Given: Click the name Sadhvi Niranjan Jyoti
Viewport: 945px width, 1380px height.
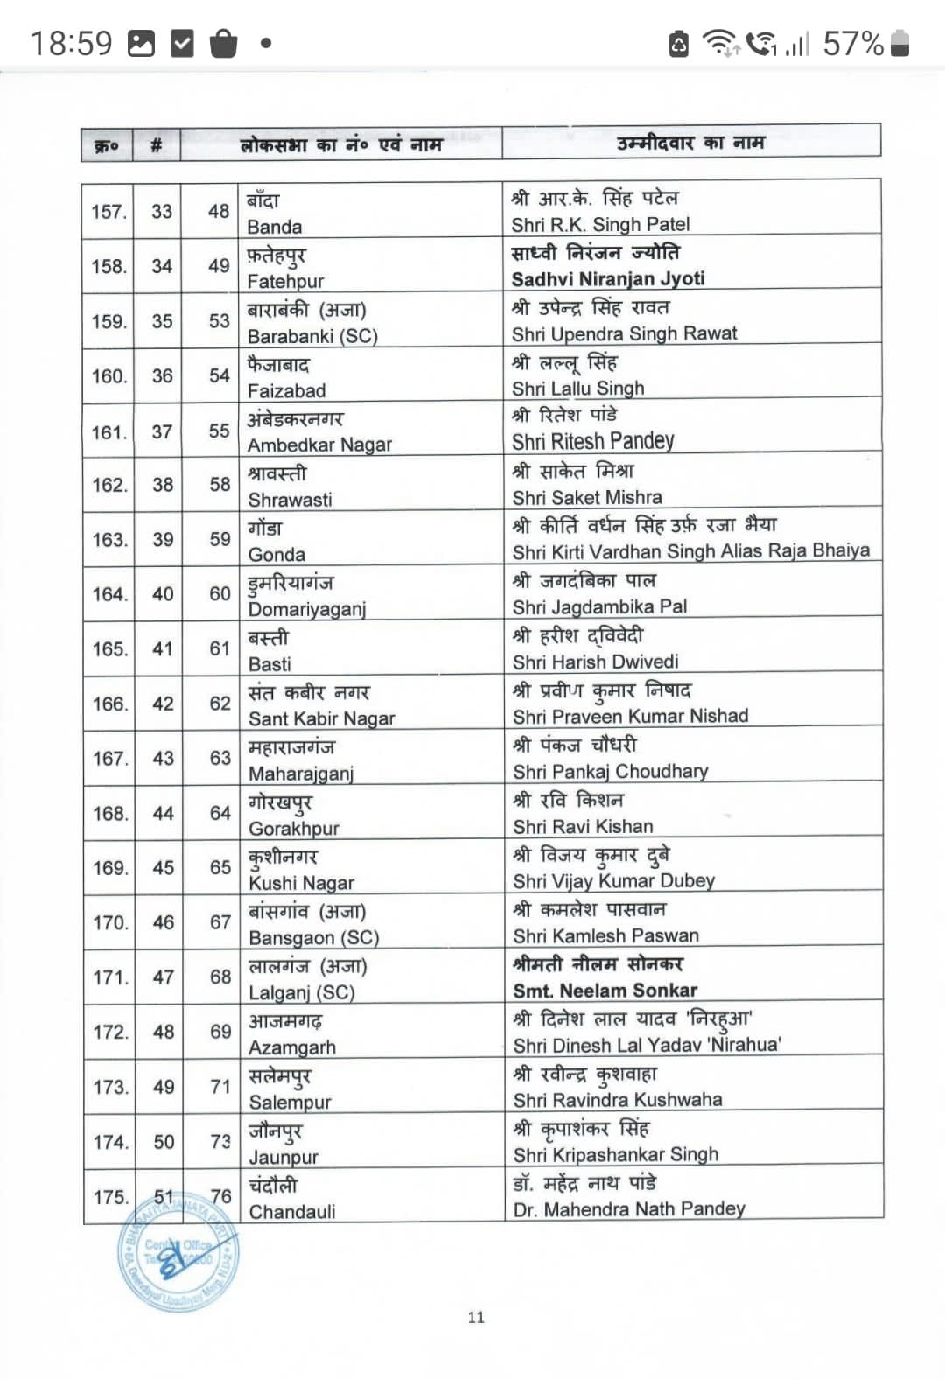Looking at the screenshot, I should pyautogui.click(x=608, y=279).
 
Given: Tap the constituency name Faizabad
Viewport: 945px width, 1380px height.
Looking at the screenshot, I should pyautogui.click(x=286, y=390).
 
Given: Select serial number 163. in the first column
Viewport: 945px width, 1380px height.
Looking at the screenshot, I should pyautogui.click(x=110, y=540).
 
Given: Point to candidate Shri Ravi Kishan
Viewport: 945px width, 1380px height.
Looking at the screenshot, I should pyautogui.click(x=583, y=826).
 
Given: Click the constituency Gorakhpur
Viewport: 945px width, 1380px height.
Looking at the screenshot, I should pyautogui.click(x=294, y=828).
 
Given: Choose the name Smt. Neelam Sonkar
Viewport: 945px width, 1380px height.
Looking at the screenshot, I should pyautogui.click(x=605, y=991).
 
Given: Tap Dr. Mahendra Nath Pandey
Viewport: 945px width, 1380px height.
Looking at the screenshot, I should pyautogui.click(x=629, y=1209).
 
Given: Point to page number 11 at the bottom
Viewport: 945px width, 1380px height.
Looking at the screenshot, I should pyautogui.click(x=476, y=1317).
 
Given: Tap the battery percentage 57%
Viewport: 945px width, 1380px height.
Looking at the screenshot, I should pyautogui.click(x=853, y=43).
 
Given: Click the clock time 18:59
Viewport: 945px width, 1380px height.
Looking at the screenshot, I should pyautogui.click(x=71, y=43).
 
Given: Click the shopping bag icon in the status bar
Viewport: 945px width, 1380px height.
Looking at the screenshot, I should pyautogui.click(x=224, y=43).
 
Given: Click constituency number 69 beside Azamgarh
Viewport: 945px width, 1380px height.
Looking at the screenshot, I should pyautogui.click(x=220, y=1032).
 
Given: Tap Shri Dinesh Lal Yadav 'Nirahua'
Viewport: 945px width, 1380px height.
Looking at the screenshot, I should pyautogui.click(x=647, y=1045).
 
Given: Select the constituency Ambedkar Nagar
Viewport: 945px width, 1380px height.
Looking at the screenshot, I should pyautogui.click(x=319, y=445).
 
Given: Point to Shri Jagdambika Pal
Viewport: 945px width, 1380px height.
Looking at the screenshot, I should pyautogui.click(x=599, y=606).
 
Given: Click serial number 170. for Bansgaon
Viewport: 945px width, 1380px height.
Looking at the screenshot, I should pyautogui.click(x=111, y=922).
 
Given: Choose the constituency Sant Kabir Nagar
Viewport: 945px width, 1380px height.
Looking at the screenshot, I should pyautogui.click(x=321, y=718).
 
